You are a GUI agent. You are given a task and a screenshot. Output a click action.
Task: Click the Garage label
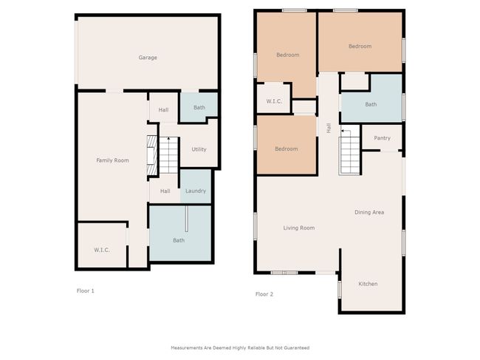[x=148, y=58]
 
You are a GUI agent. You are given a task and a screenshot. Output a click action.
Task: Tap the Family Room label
[x=112, y=160]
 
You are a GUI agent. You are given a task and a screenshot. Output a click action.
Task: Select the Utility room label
[x=199, y=149]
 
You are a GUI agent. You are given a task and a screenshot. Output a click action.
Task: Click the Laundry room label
[x=196, y=191]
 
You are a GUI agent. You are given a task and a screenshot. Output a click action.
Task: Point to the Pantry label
[x=382, y=138]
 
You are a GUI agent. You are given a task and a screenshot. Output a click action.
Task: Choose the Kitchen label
[x=368, y=284]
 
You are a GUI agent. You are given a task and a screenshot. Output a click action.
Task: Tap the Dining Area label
[x=369, y=212]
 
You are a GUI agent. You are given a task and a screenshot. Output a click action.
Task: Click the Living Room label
[x=299, y=228]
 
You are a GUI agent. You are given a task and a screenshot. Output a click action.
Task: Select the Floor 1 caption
[x=86, y=291]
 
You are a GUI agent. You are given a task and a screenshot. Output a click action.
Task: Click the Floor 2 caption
[x=264, y=294]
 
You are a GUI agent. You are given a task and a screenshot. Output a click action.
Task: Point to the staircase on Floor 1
[x=168, y=155]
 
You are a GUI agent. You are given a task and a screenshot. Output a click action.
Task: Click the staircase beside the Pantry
[x=349, y=152]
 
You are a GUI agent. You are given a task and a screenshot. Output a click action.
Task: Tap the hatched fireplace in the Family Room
[x=152, y=156]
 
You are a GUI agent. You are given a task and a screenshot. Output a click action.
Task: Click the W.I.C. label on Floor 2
[x=274, y=101]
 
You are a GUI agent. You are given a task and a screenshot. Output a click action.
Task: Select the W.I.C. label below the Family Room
[x=102, y=250]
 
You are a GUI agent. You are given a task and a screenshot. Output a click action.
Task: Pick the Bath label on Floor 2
[x=371, y=104]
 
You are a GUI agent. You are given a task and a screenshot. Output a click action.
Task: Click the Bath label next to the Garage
[x=199, y=107]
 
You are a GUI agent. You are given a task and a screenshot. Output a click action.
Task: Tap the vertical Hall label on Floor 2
[x=329, y=128]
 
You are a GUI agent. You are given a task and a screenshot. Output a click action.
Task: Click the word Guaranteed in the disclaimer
[x=297, y=347]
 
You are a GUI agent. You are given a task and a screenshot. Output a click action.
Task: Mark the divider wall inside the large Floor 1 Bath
[x=186, y=219]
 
